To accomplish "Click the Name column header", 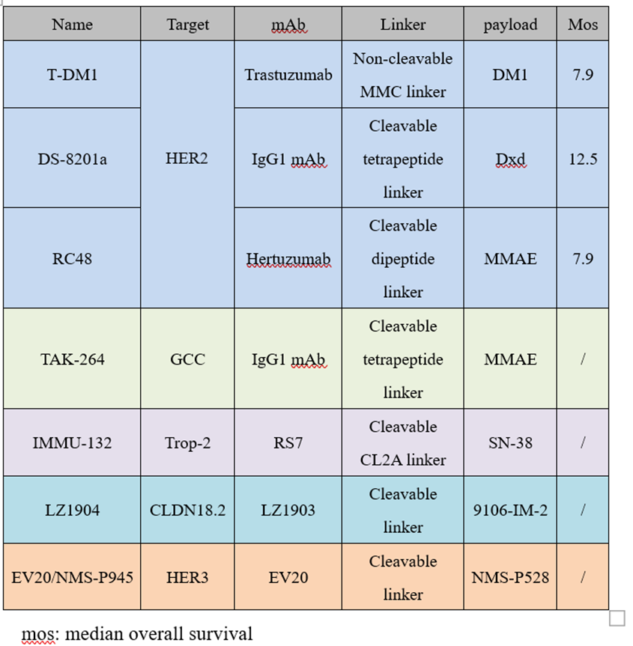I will coord(72,25).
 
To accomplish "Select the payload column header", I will coord(510,25).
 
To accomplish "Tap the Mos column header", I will coord(583,25).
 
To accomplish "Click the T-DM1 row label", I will coord(72,75).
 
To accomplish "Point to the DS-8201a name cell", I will coord(72,159).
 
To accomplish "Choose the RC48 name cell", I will coord(72,259).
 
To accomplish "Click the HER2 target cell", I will coord(187,159).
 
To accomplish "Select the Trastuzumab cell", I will coord(288,75).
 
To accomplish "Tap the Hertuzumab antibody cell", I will coord(288,259).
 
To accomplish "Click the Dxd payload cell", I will coord(510,159).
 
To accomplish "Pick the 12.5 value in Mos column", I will coord(583,159).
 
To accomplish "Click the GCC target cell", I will coord(187,359).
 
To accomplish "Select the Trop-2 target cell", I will coord(187,443).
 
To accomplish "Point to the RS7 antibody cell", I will coord(288,443).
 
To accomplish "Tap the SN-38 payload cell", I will coord(510,443).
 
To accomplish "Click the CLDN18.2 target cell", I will coord(187,511).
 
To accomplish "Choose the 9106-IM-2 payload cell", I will coord(510,511).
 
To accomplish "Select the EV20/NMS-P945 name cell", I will coord(72,578).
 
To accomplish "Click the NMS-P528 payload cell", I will coord(510,578).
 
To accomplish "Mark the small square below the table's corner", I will coord(617,618).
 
